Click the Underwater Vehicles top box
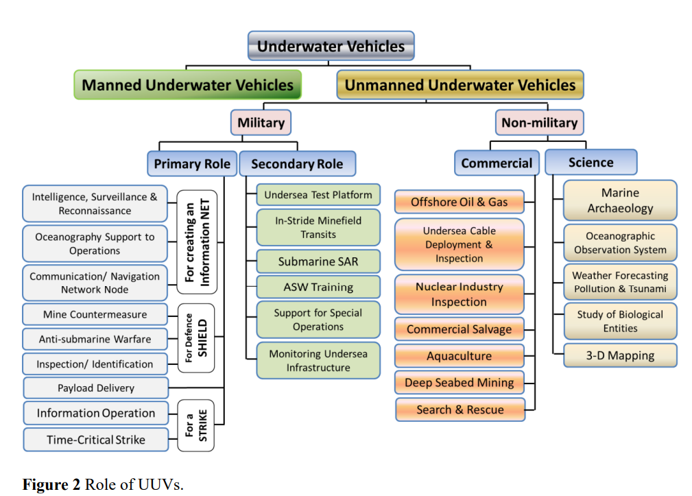tap(331, 46)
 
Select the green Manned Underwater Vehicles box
tap(187, 85)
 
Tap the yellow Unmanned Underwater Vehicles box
tap(460, 85)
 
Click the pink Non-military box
tap(539, 123)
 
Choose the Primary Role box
tap(192, 164)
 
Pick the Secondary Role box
tap(297, 164)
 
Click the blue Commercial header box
tap(497, 163)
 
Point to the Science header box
tap(591, 163)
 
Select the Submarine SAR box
tap(318, 261)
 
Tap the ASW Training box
tap(318, 287)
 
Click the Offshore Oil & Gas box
tap(459, 202)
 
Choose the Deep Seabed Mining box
tap(459, 383)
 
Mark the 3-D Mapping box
tap(620, 355)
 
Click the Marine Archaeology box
tap(620, 200)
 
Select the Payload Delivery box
tap(96, 388)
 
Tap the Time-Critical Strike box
tap(96, 440)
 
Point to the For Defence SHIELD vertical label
tap(196, 338)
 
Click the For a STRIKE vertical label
tap(196, 425)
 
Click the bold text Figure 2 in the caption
tap(51, 484)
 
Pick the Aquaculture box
tap(459, 355)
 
